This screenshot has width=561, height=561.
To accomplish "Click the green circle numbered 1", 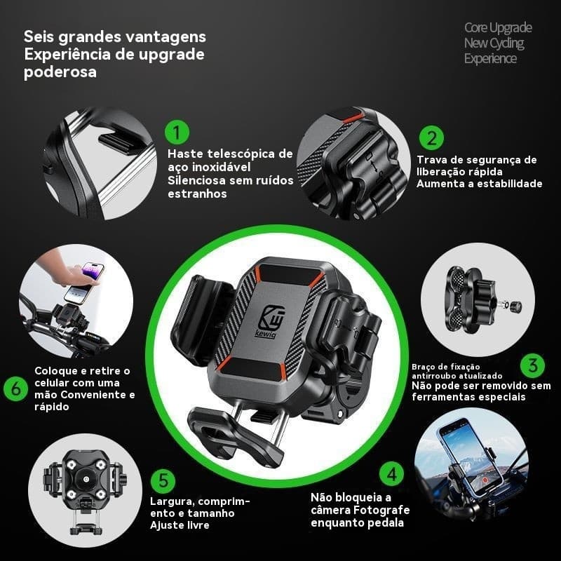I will (177, 131).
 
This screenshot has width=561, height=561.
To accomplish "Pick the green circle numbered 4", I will (392, 473).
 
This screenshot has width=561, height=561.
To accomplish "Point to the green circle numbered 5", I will (163, 480).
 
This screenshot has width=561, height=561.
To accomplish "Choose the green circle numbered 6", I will (15, 388).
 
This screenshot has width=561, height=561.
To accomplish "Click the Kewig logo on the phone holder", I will (276, 316).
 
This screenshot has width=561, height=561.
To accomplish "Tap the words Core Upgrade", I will (498, 28).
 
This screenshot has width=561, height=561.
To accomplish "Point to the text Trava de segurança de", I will (476, 160).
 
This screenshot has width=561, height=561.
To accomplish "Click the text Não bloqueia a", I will (350, 496).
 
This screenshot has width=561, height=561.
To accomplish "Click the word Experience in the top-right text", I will (490, 58).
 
